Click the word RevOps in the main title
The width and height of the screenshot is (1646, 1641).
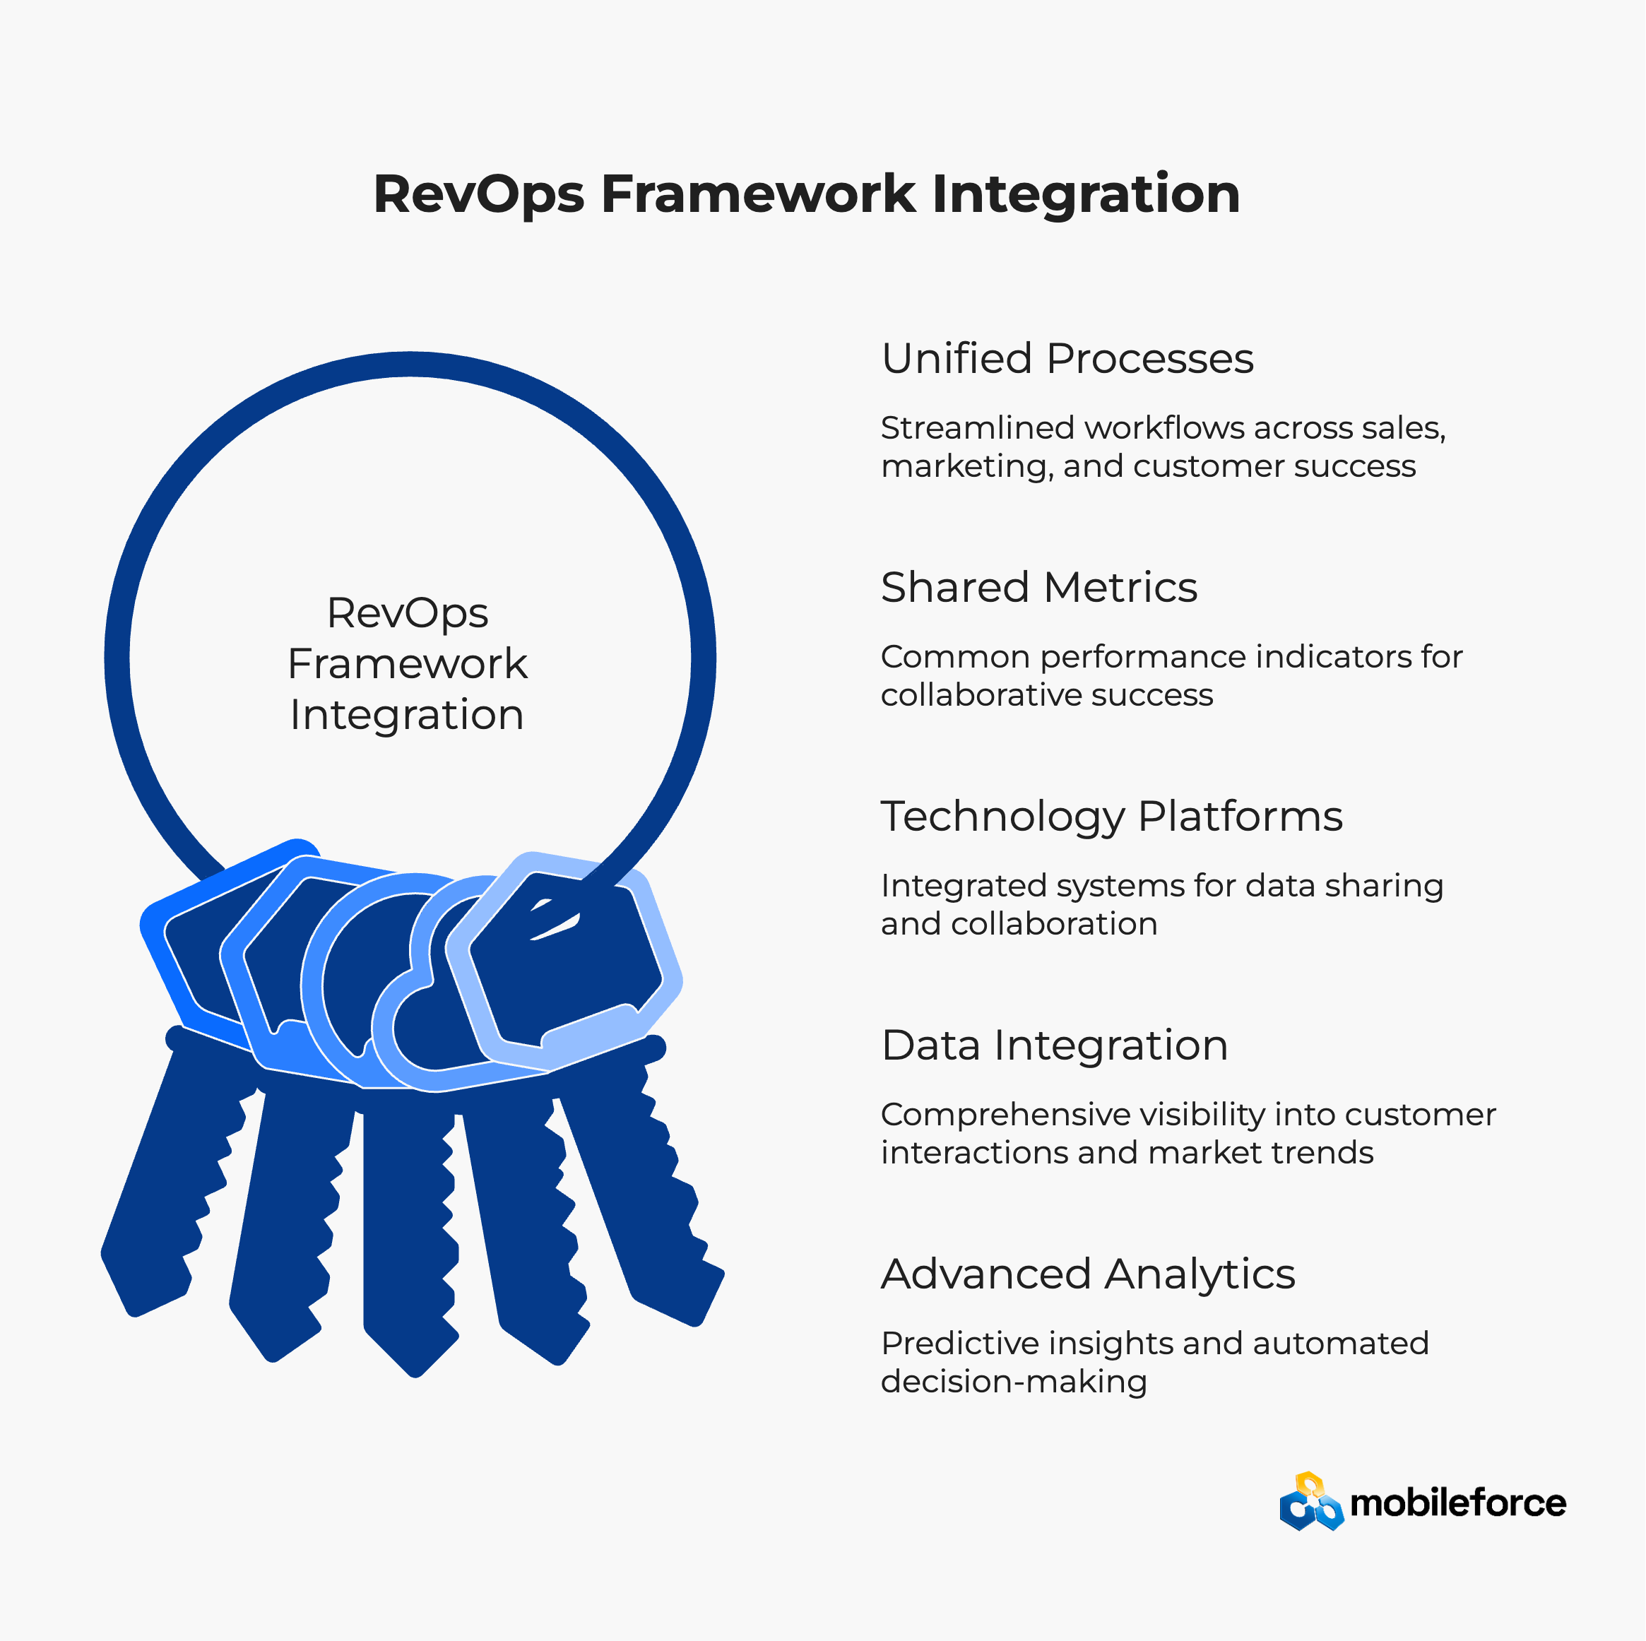479,195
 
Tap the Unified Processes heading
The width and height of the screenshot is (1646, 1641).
1067,359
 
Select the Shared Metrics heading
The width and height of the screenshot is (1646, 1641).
1039,587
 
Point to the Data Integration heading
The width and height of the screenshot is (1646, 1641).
1055,1045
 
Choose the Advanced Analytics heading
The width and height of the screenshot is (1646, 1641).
1088,1274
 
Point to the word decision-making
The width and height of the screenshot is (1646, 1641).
1014,1382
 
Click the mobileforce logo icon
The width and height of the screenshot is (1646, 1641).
1311,1501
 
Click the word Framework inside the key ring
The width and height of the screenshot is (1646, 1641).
407,664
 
